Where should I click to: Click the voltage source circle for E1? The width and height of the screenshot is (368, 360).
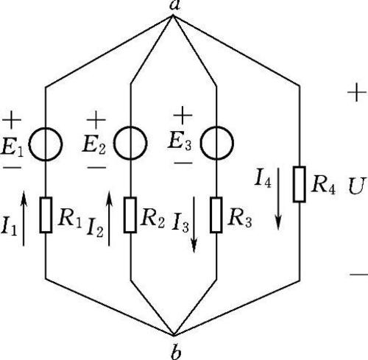[x=29, y=144]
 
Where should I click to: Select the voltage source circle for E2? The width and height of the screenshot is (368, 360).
[x=114, y=143]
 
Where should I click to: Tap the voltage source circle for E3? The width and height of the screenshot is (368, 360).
[x=201, y=143]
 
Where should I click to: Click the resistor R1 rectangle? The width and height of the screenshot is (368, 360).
[x=46, y=215]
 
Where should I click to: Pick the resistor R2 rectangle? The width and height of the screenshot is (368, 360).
[x=130, y=215]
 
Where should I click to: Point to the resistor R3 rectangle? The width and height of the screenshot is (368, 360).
[x=216, y=215]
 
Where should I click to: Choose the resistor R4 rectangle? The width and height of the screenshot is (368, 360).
[x=300, y=184]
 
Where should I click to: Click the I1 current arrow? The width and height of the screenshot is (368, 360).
[x=24, y=219]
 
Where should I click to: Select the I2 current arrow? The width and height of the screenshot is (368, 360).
[x=110, y=219]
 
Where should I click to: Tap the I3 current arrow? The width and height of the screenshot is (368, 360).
[x=194, y=225]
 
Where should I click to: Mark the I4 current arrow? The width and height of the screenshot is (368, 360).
[x=278, y=199]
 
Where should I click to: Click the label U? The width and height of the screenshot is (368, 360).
[x=357, y=186]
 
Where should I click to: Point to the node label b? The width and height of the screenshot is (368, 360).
[x=176, y=352]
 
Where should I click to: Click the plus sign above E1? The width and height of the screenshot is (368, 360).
[x=12, y=120]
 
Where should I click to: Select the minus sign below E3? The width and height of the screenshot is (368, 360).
[x=183, y=163]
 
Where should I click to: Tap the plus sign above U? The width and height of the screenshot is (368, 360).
[x=357, y=93]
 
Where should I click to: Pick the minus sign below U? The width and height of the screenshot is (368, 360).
[x=358, y=274]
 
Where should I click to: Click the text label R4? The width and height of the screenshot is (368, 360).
[x=323, y=185]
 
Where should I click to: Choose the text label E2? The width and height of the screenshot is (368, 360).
[x=94, y=144]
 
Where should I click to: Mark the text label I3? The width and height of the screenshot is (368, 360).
[x=180, y=222]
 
